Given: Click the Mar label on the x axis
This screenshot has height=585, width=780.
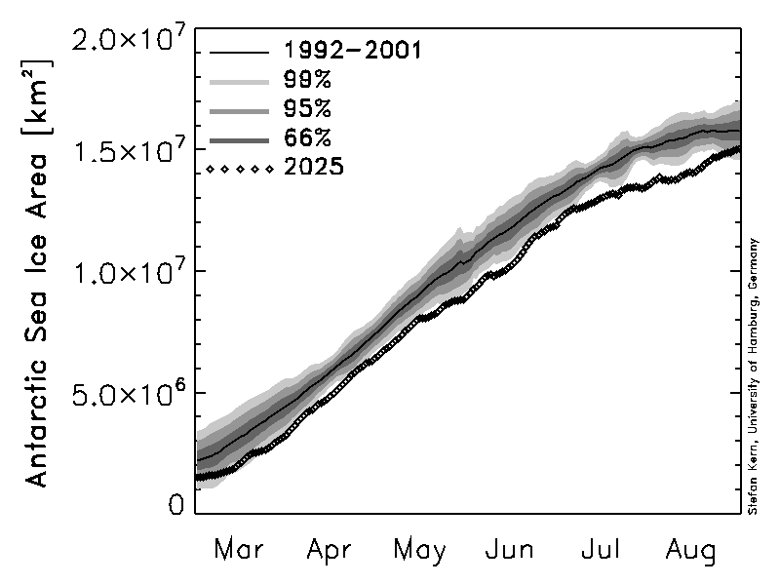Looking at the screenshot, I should [239, 550].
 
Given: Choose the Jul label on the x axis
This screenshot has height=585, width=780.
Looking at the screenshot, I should [602, 550].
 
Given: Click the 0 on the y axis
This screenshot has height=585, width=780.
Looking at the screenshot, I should [175, 504].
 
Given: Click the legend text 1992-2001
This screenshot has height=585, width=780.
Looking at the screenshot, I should [352, 50].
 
